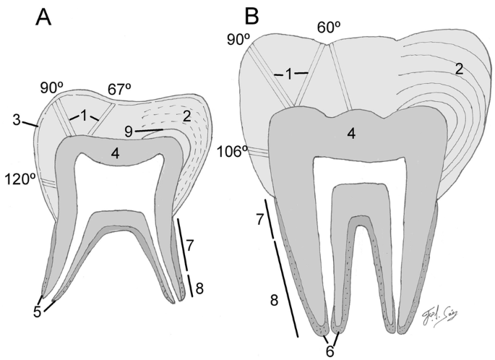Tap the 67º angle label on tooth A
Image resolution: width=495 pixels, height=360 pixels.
(x=121, y=89)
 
